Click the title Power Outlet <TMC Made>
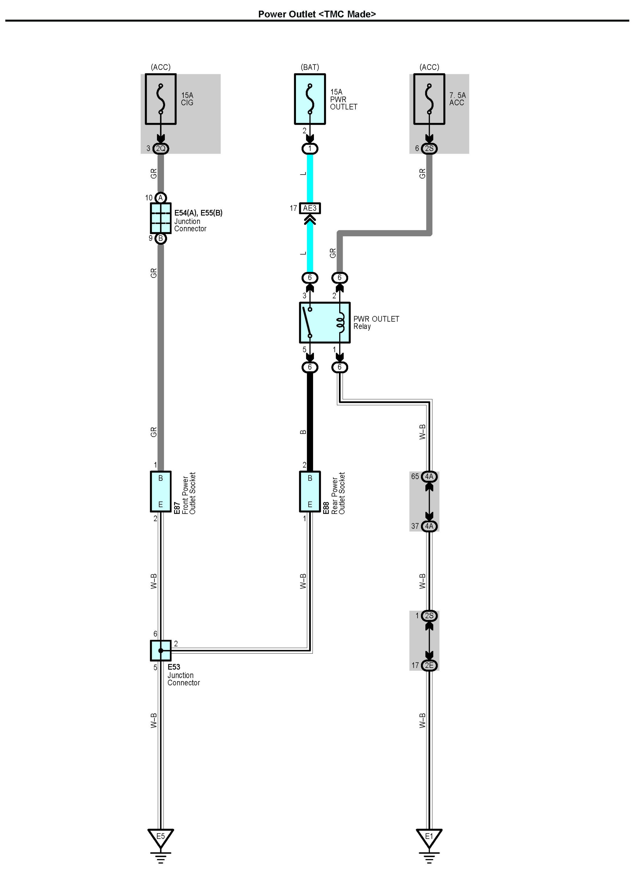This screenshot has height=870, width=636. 317,14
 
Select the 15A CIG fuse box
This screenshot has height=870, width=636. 160,99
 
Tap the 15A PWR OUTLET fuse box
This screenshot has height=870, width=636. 310,99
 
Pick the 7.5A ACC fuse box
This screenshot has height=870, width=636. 429,99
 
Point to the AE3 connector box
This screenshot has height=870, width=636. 310,208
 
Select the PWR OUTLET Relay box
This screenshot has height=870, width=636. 325,322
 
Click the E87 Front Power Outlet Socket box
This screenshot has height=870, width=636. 160,491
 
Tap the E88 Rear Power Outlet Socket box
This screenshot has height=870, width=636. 310,491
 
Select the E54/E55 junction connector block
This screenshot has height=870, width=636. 160,218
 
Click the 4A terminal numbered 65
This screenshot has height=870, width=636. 429,476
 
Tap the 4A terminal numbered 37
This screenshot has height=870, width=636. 429,526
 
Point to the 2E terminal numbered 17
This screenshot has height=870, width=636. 429,665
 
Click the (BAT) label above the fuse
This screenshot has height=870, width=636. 310,67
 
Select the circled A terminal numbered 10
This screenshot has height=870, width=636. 160,198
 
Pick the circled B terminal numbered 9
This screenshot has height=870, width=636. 160,238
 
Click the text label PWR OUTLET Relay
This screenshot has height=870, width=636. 376,322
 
